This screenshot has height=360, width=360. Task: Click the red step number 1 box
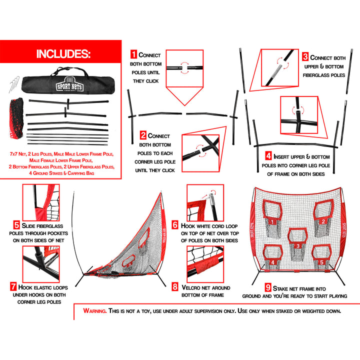[133, 54]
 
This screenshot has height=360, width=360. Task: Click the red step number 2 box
[143, 135]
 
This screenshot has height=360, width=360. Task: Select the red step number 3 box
[305, 57]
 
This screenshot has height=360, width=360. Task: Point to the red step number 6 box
[174, 225]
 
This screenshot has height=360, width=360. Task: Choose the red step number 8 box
[174, 287]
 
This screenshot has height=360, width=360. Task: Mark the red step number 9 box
[268, 287]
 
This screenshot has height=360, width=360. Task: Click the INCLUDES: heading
[63, 54]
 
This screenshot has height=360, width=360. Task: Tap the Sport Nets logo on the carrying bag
[67, 84]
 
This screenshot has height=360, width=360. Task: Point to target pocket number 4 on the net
[272, 258]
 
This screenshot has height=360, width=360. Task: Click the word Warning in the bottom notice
[94, 311]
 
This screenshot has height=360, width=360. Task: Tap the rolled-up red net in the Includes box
[17, 117]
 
